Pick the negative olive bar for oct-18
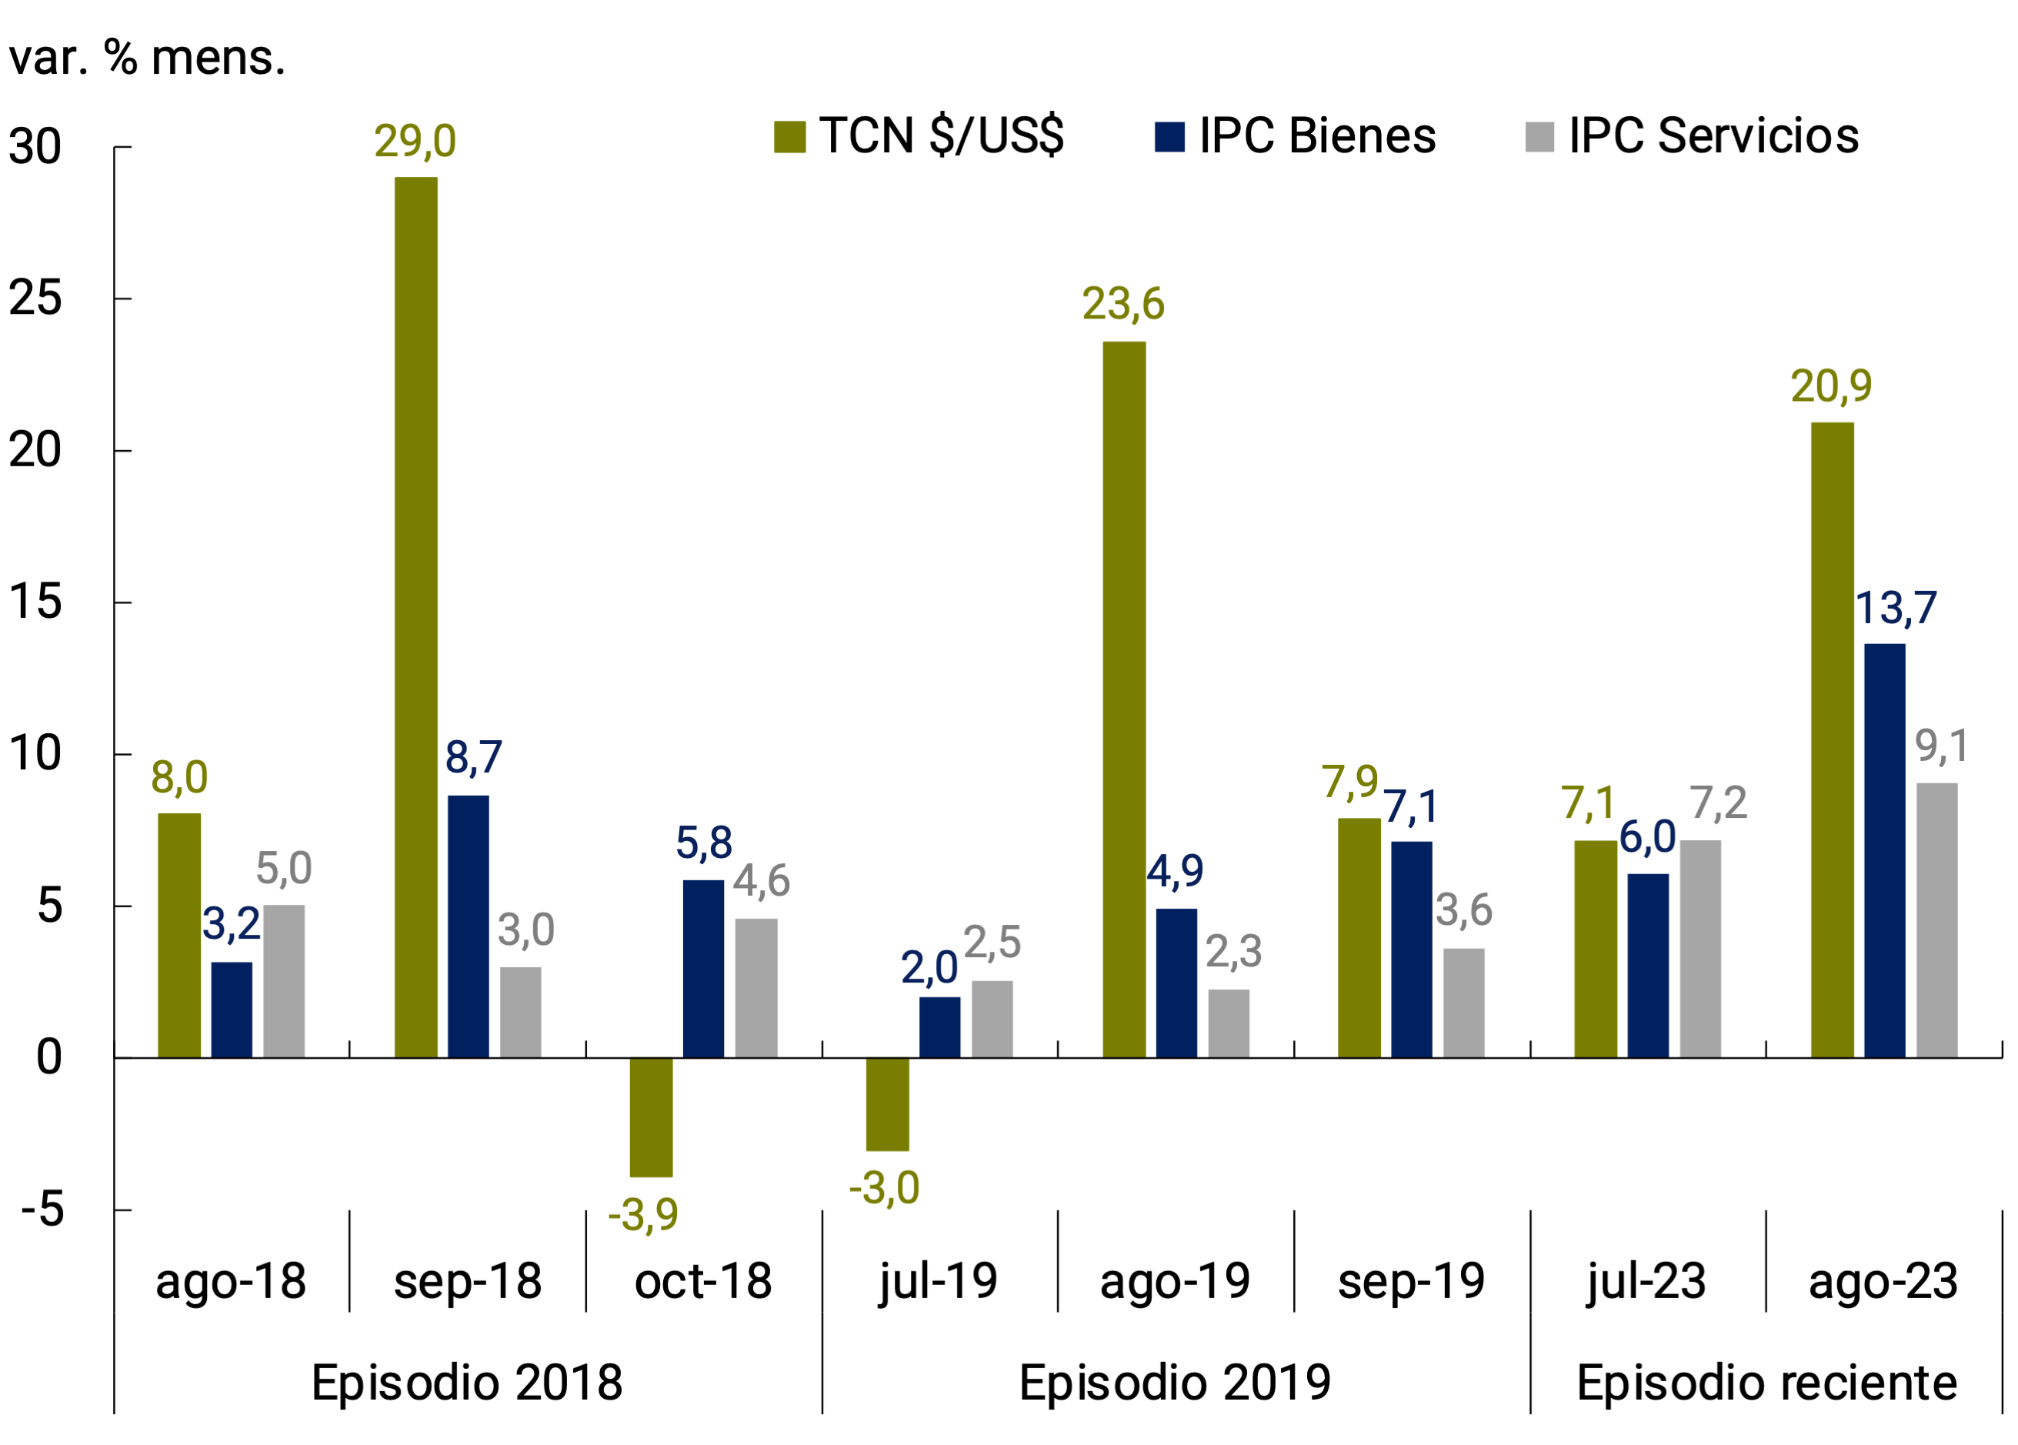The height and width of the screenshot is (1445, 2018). (652, 1117)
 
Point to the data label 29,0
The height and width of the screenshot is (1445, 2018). (415, 142)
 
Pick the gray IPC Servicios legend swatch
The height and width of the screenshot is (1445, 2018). (1539, 137)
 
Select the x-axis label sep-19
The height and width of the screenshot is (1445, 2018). (1411, 1281)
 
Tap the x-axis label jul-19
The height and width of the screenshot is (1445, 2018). (939, 1281)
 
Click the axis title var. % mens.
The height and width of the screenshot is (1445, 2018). (147, 58)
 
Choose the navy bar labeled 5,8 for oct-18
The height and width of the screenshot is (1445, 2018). (703, 969)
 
